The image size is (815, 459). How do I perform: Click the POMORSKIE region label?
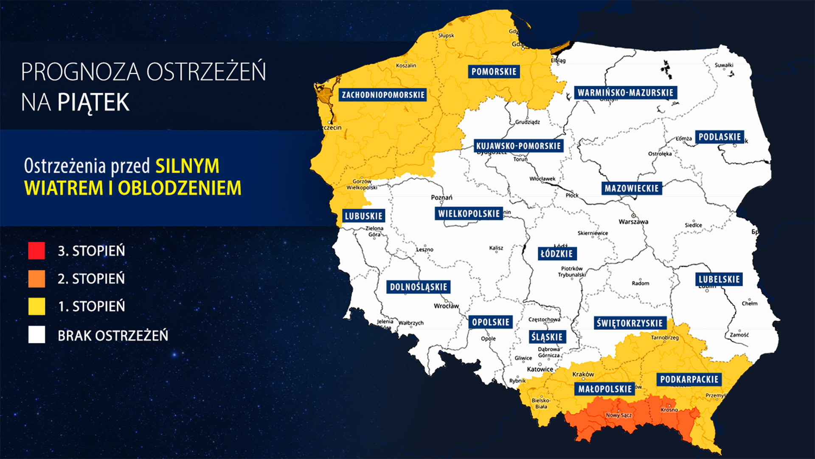tap(494, 71)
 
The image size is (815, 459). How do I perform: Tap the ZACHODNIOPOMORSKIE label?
tap(383, 95)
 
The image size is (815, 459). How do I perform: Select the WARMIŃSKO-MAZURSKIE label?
tap(625, 93)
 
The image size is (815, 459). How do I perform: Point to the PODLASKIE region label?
tap(719, 137)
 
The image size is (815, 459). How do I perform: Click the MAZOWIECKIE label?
tap(632, 188)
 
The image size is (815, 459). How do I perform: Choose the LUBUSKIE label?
tap(363, 216)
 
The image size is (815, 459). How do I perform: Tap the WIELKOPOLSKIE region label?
tap(469, 213)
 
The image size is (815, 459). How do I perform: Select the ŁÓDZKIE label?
tap(557, 254)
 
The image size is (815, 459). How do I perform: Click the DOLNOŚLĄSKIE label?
tap(419, 287)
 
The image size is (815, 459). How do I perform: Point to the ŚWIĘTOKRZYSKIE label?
tap(630, 323)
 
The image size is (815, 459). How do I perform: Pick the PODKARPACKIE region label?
tap(689, 380)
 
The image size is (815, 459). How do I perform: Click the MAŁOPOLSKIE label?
tap(605, 389)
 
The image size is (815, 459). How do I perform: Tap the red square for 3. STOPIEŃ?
tap(37, 251)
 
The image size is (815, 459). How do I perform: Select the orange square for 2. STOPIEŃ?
tap(37, 279)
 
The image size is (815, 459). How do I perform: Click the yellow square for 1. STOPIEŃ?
tap(37, 306)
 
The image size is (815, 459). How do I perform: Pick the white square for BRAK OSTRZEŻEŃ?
tap(37, 335)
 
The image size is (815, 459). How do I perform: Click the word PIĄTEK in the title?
tap(93, 102)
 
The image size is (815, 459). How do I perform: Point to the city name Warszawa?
tap(633, 222)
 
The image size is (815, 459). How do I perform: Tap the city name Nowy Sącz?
tap(618, 415)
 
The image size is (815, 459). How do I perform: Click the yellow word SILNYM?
tap(187, 166)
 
